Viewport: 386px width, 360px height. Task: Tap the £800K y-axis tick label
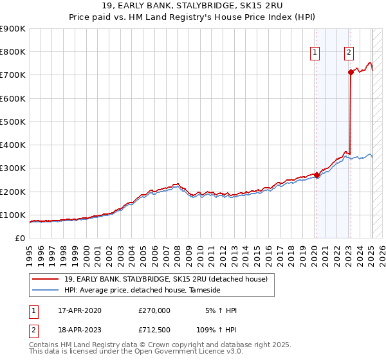click(x=13, y=52)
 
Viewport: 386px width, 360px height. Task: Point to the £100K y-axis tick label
click(x=13, y=215)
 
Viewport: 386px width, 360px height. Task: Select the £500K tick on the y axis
click(x=13, y=122)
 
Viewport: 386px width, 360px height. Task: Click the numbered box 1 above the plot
click(x=316, y=53)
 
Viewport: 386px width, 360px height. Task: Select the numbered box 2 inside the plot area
click(x=349, y=53)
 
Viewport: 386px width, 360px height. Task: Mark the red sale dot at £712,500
click(x=351, y=73)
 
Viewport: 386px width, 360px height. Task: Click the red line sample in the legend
click(x=46, y=278)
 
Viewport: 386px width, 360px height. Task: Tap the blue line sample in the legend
click(x=46, y=290)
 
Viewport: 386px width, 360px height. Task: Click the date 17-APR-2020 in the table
click(x=80, y=310)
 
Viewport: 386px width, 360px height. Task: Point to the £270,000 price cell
click(x=154, y=310)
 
